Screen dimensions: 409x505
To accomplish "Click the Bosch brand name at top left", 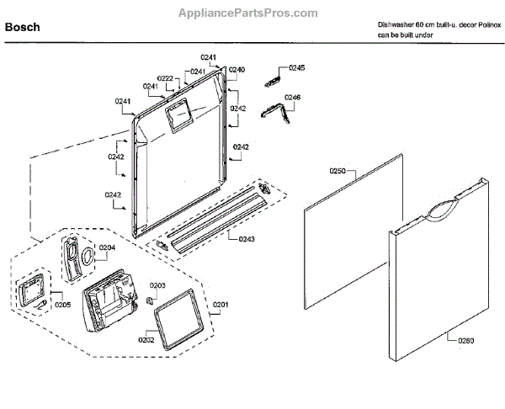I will pos(23,28).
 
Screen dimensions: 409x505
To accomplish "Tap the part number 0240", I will pos(237,69).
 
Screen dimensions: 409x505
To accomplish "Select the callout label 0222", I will pos(167,78).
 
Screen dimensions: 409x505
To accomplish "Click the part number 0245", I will pos(297,67).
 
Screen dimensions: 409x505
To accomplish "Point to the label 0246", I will pos(292,98).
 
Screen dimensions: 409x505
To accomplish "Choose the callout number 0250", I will pos(337,171).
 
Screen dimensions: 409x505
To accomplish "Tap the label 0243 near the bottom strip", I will pos(247,239).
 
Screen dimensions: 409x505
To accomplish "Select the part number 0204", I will pos(107,247).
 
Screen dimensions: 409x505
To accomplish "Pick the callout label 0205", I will pos(62,305).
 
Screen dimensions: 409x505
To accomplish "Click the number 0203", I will pos(157,286).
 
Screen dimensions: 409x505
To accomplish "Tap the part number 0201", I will pos(221,304).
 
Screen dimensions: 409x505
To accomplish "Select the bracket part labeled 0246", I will pos(269,110).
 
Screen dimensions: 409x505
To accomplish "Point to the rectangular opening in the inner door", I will pos(179,114).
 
